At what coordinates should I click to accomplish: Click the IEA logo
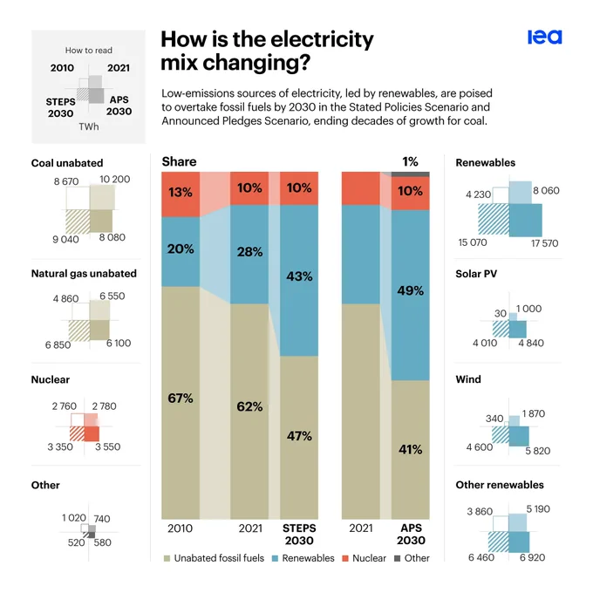544,37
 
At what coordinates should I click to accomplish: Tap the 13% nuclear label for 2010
181,192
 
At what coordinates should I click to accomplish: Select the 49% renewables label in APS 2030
411,290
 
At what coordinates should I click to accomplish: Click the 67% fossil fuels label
181,398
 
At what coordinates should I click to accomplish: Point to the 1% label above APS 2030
410,162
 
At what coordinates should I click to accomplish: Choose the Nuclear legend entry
365,558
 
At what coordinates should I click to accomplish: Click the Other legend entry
412,558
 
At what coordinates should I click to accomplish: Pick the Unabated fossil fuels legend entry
214,558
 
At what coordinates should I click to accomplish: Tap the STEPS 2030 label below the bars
299,534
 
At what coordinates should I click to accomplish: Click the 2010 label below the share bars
180,528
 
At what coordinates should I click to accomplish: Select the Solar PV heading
476,274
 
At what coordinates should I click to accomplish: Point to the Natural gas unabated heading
84,274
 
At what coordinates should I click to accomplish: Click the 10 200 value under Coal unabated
114,179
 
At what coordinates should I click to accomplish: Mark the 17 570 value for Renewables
544,243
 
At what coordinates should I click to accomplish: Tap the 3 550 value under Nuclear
108,446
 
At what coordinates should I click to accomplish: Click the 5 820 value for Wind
538,451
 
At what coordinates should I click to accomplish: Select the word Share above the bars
179,161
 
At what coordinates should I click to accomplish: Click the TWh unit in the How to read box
89,126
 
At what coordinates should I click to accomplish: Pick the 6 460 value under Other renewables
481,557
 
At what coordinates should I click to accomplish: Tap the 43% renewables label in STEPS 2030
299,276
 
